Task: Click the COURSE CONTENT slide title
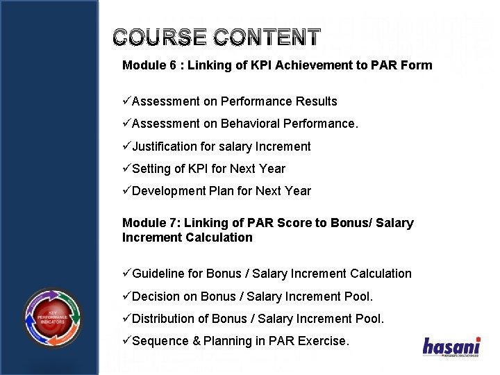point(217,37)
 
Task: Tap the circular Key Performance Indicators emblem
point(53,318)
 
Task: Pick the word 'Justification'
point(165,147)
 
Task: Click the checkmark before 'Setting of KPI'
point(126,169)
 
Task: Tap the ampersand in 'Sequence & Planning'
point(196,341)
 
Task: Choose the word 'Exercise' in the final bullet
point(323,341)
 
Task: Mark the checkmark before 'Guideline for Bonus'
point(126,274)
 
